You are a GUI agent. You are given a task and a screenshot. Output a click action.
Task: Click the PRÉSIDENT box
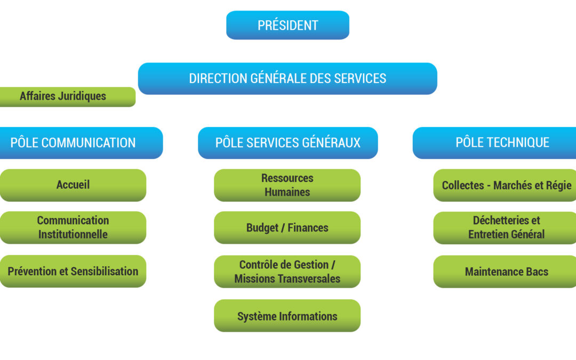[x=287, y=25]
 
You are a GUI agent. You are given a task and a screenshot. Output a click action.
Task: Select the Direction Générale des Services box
[x=287, y=78]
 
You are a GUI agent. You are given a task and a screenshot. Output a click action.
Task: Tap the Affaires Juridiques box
[x=68, y=97]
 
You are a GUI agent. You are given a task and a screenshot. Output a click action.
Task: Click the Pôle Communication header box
[x=81, y=143]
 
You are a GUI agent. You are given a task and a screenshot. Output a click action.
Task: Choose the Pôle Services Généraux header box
[x=287, y=143]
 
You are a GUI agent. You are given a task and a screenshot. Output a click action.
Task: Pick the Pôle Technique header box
[x=494, y=143]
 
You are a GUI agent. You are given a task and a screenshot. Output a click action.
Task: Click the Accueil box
[x=73, y=185]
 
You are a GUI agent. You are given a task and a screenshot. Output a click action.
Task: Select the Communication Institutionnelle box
[x=73, y=227]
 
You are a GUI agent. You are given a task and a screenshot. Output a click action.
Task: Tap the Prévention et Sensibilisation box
[x=73, y=271]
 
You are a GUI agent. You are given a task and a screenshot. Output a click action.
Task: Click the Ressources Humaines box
[x=287, y=185]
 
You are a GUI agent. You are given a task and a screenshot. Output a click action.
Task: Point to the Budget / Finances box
[x=287, y=227]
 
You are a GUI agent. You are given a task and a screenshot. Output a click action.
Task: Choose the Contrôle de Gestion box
[x=287, y=271]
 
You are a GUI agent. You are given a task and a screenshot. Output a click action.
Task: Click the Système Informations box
[x=287, y=316]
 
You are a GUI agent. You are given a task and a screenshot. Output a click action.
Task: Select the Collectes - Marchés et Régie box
[x=505, y=185]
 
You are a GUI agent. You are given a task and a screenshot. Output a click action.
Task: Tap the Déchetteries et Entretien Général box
[x=505, y=228]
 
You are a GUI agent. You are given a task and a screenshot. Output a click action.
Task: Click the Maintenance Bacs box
[x=505, y=271]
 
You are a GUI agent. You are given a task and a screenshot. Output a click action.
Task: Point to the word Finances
[x=308, y=228]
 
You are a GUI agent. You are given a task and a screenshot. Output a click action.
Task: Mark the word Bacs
[x=537, y=272]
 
